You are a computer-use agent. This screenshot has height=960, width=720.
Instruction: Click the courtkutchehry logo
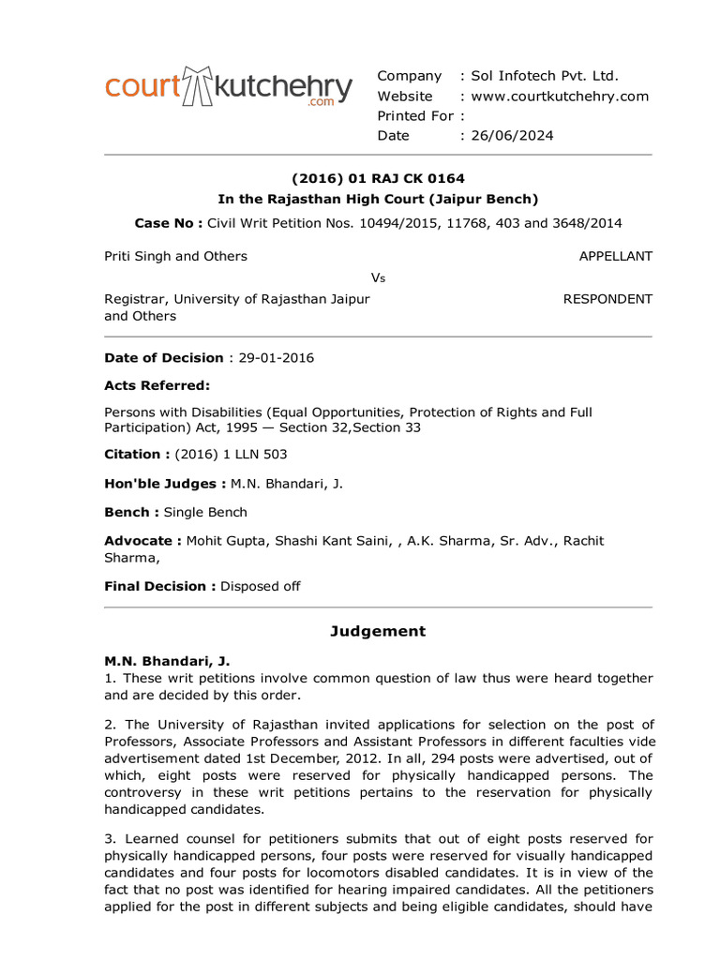point(229,87)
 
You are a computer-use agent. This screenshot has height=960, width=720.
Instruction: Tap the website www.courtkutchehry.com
point(560,97)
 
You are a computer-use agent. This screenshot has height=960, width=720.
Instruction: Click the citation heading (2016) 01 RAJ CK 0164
point(378,178)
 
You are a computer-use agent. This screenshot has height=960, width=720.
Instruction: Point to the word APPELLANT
point(615,256)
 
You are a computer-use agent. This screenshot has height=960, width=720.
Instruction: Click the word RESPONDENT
point(607,299)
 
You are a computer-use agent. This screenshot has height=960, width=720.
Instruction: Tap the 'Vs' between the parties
point(379,277)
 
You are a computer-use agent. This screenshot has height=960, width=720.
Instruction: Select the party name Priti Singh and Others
point(175,256)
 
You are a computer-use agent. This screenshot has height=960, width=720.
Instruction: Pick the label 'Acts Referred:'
point(157,385)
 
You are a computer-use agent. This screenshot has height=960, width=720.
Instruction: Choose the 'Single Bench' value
point(205,512)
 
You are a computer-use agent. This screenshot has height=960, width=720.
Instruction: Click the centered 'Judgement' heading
point(378,631)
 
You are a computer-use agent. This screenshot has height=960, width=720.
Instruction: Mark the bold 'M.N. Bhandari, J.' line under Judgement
point(166,661)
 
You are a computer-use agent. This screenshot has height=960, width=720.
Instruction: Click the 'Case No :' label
point(168,222)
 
